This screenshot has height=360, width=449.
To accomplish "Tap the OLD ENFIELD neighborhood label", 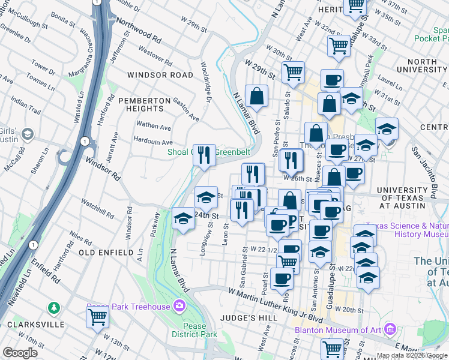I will tap(106, 253).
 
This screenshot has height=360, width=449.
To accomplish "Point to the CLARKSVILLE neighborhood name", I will tap(35, 324).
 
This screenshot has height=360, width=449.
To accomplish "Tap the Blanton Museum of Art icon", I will tap(391, 328).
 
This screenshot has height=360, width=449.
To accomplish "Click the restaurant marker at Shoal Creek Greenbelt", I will tap(204, 155).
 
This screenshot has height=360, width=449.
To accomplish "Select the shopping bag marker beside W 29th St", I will tap(256, 96).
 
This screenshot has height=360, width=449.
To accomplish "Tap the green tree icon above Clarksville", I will tap(55, 308).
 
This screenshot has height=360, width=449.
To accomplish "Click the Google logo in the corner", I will tap(20, 353).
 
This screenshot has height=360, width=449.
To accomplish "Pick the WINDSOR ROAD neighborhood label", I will tap(160, 75).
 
